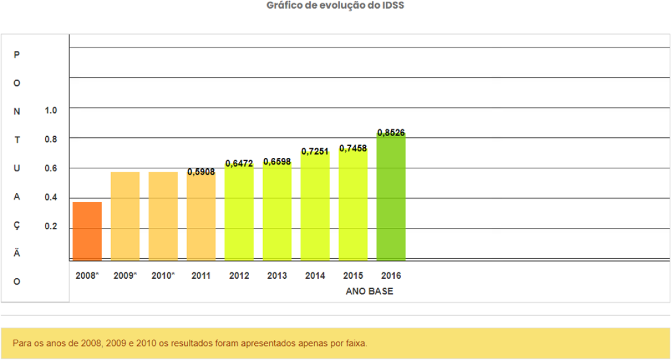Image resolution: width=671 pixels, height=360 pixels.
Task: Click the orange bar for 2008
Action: [x=87, y=231]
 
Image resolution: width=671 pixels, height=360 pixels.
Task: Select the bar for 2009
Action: [x=125, y=216]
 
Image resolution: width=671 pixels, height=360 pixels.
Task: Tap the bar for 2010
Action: [x=163, y=216]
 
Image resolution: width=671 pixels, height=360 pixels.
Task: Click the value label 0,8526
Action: [x=391, y=133]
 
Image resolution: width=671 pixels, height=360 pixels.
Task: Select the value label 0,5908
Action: [x=201, y=172]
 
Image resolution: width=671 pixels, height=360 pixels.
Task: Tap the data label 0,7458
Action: [x=353, y=148]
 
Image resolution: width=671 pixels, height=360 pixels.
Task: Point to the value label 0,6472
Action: [x=239, y=164]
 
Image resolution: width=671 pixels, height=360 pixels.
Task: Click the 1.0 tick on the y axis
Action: [x=51, y=110]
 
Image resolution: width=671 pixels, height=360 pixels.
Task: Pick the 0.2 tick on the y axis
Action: [x=51, y=227]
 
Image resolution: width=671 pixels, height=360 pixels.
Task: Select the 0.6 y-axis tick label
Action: [x=51, y=168]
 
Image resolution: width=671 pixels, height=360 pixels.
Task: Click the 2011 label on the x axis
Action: [x=201, y=275]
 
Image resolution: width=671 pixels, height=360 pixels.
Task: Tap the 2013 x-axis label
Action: [x=277, y=275]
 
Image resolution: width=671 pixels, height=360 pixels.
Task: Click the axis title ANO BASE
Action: [x=369, y=291]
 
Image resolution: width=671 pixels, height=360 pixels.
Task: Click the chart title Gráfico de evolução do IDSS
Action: [x=335, y=6]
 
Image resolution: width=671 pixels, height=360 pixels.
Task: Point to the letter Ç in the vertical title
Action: [x=17, y=226]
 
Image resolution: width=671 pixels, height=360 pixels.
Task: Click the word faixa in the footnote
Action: [x=355, y=343]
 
